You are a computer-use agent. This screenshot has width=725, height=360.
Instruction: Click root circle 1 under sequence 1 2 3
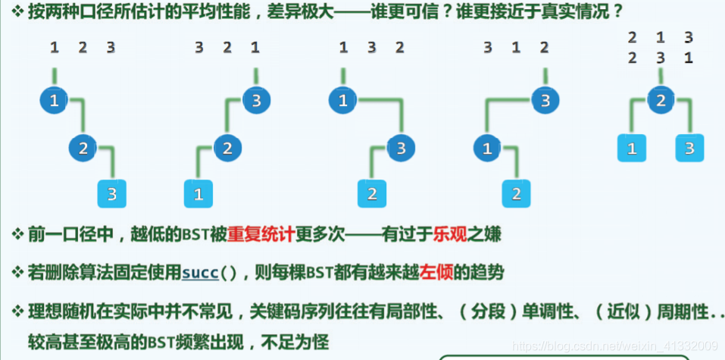pyautogui.click(x=54, y=100)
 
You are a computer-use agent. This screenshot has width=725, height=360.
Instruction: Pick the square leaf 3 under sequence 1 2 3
pyautogui.click(x=112, y=194)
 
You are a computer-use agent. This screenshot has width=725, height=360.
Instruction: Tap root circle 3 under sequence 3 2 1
pyautogui.click(x=256, y=100)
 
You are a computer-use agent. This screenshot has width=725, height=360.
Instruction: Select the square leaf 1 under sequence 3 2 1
pyautogui.click(x=198, y=194)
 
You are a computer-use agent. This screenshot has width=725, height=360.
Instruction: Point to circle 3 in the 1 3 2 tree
pyautogui.click(x=401, y=147)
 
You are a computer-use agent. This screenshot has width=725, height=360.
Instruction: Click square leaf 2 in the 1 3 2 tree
pyautogui.click(x=372, y=194)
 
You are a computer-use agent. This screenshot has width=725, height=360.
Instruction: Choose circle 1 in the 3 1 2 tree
pyautogui.click(x=487, y=147)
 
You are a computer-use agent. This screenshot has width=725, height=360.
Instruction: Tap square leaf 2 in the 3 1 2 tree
pyautogui.click(x=516, y=194)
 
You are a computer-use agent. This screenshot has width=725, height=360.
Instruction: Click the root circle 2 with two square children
pyautogui.click(x=660, y=100)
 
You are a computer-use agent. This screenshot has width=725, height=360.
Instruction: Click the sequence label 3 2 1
pyautogui.click(x=227, y=47)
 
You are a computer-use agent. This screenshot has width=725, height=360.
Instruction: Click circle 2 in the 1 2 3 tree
pyautogui.click(x=83, y=147)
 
